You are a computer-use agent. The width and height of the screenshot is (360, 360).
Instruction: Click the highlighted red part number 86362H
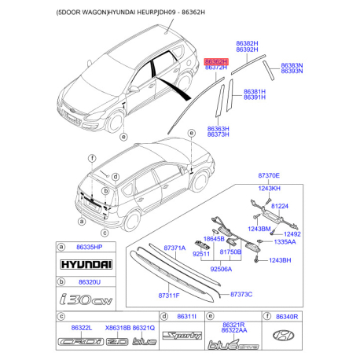[216, 61]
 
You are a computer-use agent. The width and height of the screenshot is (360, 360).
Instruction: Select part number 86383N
[292, 64]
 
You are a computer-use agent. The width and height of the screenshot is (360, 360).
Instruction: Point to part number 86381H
[255, 91]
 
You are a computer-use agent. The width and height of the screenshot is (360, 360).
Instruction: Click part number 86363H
[218, 128]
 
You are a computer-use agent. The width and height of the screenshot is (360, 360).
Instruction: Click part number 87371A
[174, 247]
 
